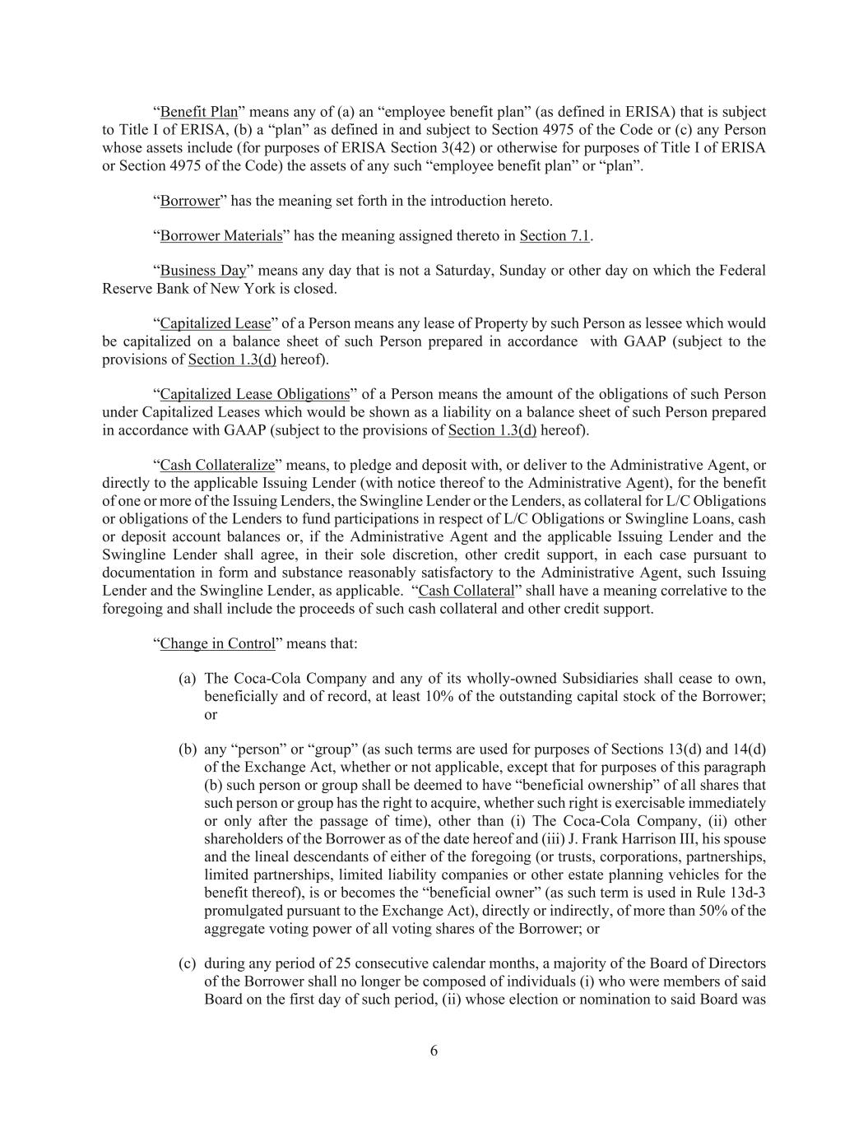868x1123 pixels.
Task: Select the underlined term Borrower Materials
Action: pos(220,236)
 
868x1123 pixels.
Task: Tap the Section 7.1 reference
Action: pos(555,236)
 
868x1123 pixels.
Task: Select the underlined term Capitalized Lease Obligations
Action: pos(254,394)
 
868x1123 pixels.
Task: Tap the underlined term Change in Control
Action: pos(217,643)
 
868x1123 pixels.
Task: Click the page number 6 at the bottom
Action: pos(434,1051)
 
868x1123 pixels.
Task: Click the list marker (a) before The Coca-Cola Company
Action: pos(188,679)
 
